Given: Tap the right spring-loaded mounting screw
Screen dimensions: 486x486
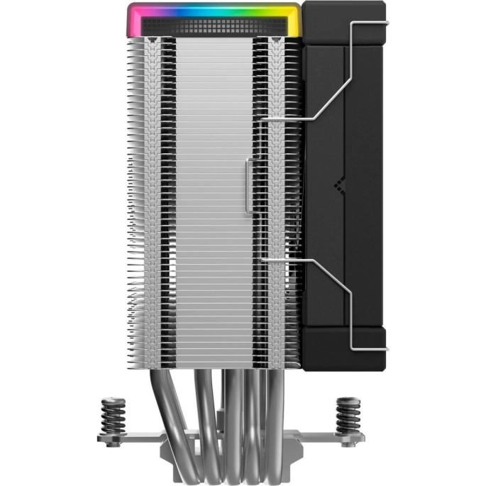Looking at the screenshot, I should pos(347,412).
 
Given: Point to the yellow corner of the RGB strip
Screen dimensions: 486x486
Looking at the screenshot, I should pos(292,18).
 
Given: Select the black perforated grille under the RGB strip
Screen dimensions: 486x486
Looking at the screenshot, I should pos(213,26).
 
